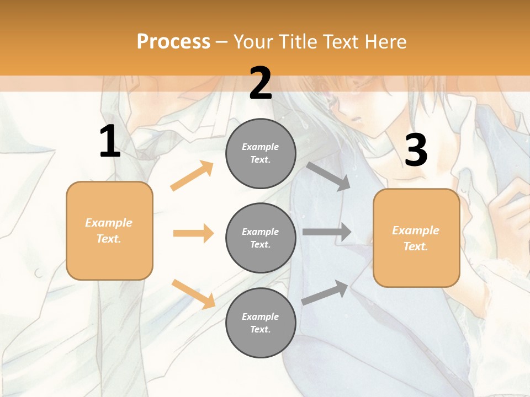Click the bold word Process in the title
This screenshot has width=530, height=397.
(x=173, y=41)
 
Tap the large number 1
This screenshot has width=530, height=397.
(x=110, y=141)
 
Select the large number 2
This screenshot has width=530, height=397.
(x=261, y=83)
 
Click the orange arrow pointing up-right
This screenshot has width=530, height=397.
(x=192, y=176)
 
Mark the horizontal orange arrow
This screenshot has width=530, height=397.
(x=193, y=233)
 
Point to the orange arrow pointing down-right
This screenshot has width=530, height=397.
(x=193, y=293)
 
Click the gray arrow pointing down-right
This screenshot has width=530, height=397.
(x=328, y=176)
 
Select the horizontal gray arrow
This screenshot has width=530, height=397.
(x=327, y=232)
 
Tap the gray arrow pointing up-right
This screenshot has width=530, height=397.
(x=325, y=293)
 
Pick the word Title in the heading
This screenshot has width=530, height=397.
(x=298, y=41)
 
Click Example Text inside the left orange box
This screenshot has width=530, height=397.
(x=109, y=230)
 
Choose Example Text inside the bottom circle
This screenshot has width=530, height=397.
(x=261, y=323)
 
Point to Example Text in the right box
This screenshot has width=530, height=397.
(x=416, y=238)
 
